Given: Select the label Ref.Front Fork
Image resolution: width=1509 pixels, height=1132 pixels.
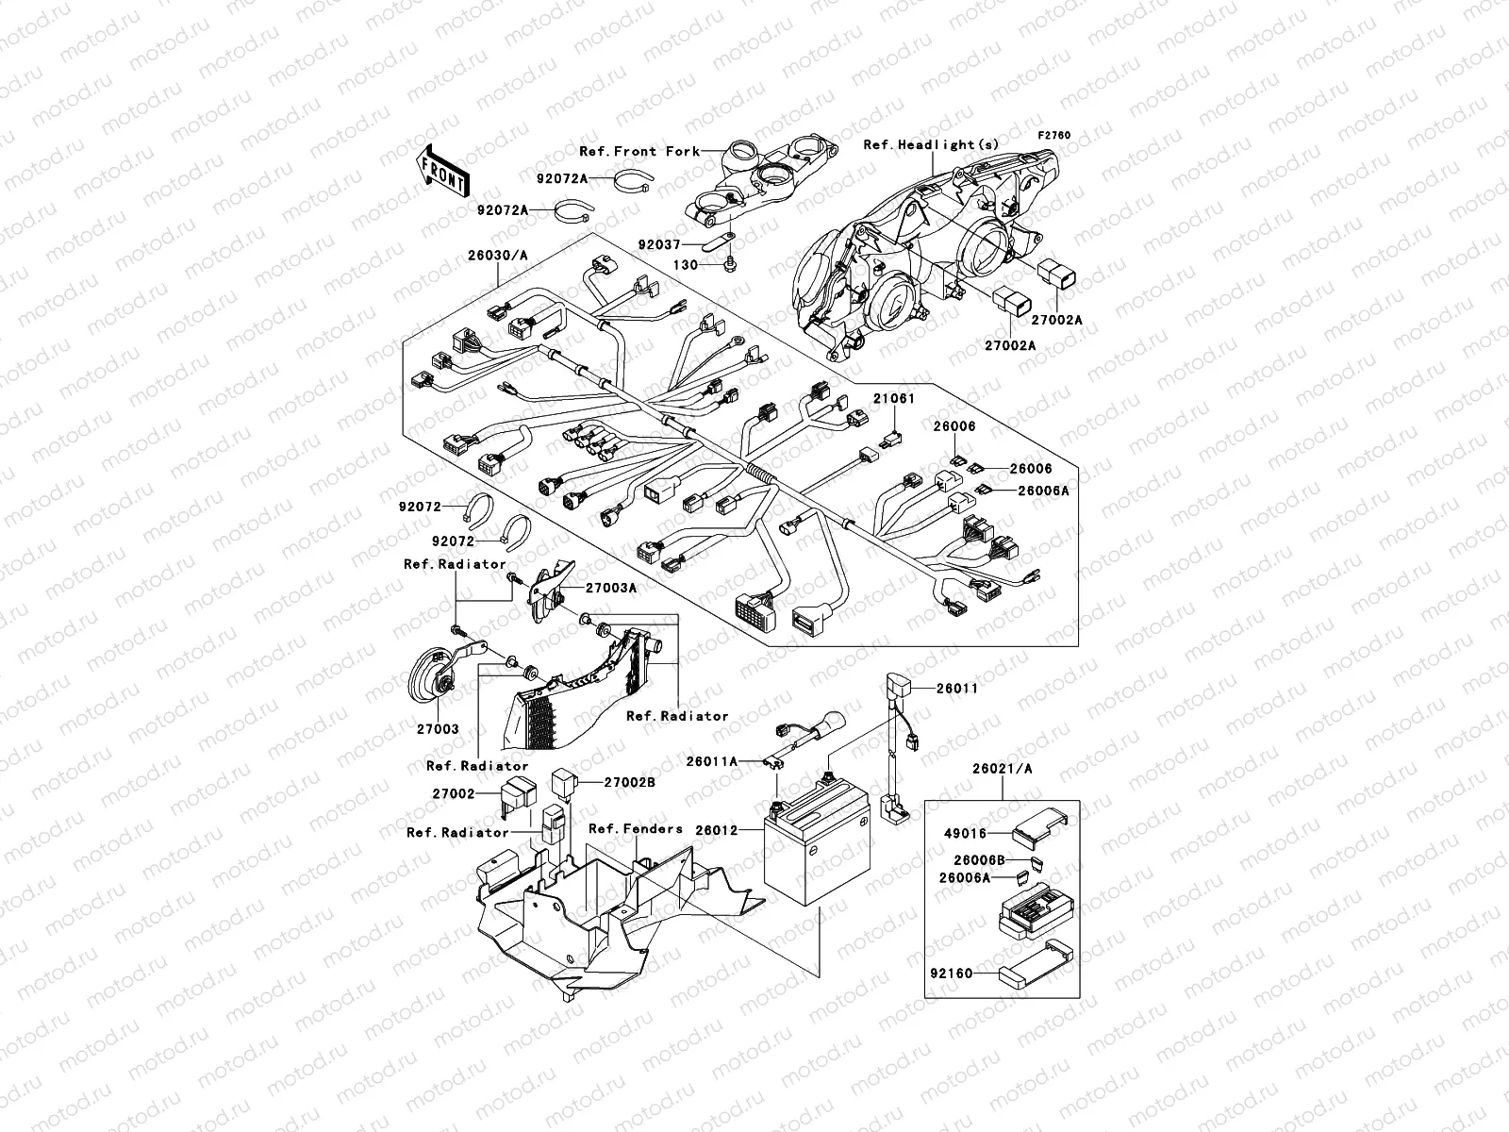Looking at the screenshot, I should (639, 151).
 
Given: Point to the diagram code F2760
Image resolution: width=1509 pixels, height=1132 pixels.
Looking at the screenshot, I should (1054, 136).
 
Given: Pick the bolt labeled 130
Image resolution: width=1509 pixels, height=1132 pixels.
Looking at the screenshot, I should (731, 267).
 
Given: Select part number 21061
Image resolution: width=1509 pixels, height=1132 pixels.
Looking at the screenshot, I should (892, 399).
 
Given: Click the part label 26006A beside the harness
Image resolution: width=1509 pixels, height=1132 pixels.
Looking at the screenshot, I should (1043, 491).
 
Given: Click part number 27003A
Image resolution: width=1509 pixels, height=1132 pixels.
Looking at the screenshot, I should (611, 588).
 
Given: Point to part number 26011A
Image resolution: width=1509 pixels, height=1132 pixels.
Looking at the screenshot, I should (711, 759).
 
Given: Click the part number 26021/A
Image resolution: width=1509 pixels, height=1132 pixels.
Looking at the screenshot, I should (1002, 769).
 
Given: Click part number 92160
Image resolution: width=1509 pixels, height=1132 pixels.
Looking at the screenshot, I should (950, 972).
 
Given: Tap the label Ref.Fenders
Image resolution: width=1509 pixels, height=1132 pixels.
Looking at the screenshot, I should (635, 828).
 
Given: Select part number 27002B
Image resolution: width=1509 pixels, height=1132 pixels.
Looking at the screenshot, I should (629, 782).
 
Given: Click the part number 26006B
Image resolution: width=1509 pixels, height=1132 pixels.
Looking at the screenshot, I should (978, 860).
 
